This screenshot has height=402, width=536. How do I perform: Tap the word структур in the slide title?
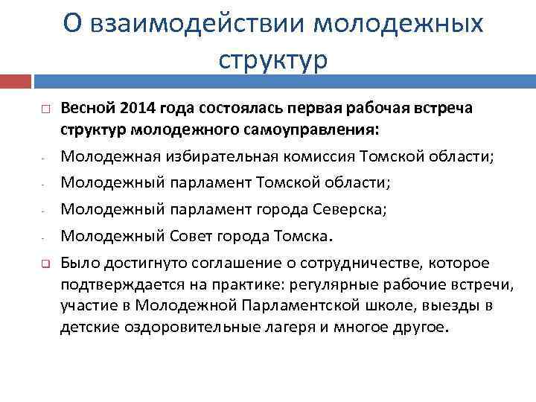click(273, 59)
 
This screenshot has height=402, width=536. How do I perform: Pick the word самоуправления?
click(310, 130)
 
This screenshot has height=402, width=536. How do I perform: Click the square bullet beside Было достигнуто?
click(45, 264)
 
